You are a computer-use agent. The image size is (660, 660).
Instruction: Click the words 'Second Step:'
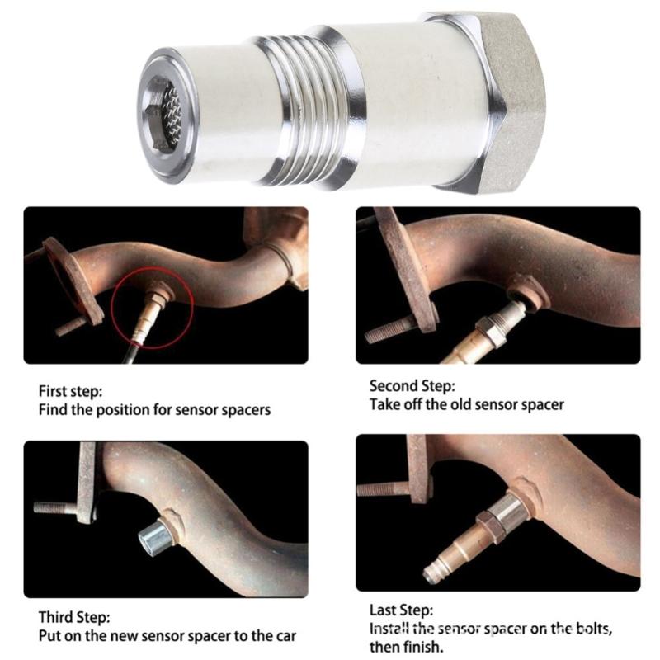pyautogui.click(x=411, y=385)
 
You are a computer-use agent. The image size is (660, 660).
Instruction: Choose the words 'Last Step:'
pyautogui.click(x=400, y=611)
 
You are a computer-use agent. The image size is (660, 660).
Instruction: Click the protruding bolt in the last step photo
pyautogui.click(x=382, y=488)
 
